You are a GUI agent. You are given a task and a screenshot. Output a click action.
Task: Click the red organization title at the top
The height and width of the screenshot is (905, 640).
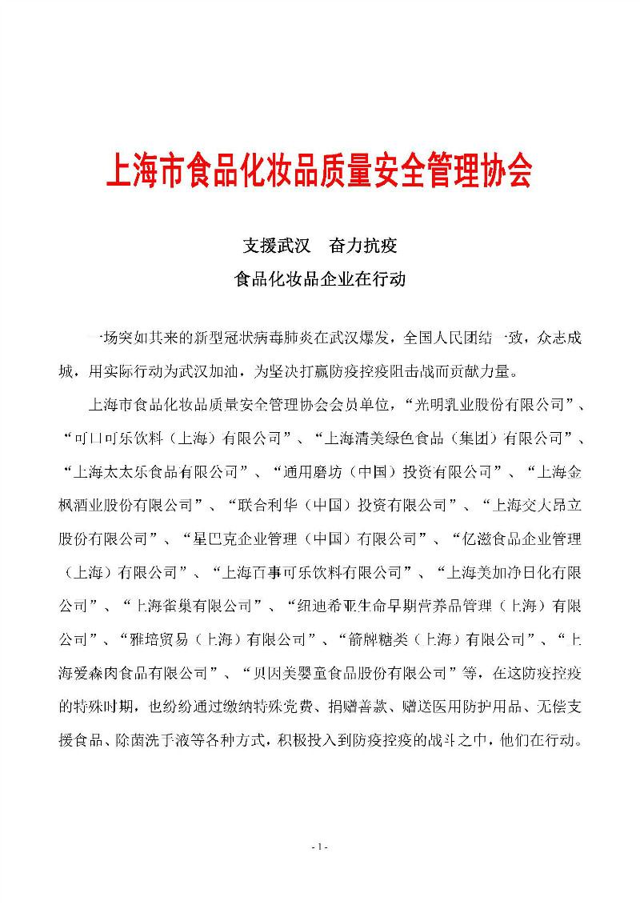pyautogui.click(x=319, y=170)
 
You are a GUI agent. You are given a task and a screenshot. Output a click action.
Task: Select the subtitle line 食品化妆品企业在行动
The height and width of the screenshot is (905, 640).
pyautogui.click(x=319, y=279)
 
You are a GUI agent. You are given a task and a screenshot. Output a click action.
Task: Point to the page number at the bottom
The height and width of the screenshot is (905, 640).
pyautogui.click(x=319, y=847)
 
